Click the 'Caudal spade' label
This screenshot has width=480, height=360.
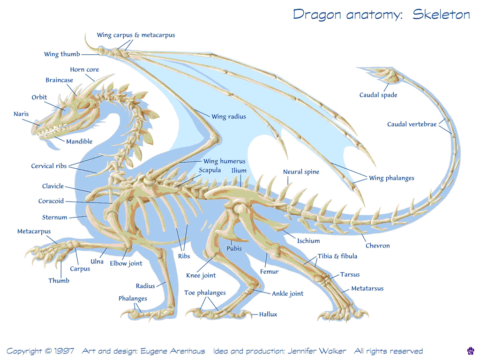click(x=378, y=95)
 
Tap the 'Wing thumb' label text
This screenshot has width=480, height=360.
click(x=62, y=54)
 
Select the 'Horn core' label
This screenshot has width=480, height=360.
click(x=84, y=69)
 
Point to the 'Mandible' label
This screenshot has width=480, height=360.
click(x=79, y=142)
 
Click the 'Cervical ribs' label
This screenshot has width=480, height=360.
click(x=49, y=166)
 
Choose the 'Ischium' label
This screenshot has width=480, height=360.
click(x=308, y=241)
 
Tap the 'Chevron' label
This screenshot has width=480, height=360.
click(x=377, y=246)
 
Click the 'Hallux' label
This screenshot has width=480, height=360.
click(x=268, y=315)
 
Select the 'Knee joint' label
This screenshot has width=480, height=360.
click(x=201, y=276)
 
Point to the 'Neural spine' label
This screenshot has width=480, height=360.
click(x=301, y=172)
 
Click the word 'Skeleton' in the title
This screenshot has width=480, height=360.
click(x=441, y=15)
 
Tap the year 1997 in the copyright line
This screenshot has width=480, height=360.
click(x=64, y=351)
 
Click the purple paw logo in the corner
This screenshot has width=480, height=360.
click(x=471, y=351)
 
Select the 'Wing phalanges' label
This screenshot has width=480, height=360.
click(x=391, y=178)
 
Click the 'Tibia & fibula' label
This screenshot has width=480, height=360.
click(x=337, y=256)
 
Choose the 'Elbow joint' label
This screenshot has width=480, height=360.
click(x=126, y=263)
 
